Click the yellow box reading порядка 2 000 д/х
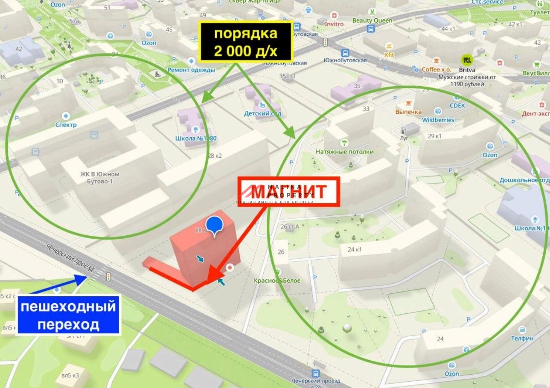[246, 41]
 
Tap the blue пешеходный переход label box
[68, 315]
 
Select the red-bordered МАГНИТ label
[288, 192]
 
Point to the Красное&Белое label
[277, 281]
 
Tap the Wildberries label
[438, 120]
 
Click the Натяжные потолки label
[344, 151]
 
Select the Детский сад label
[262, 113]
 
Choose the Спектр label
[66, 125]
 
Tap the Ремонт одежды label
[191, 69]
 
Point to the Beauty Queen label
[372, 20]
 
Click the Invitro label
[334, 24]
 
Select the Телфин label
[522, 338]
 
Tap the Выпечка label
[408, 112]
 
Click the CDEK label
[457, 105]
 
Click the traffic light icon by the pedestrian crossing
[109, 276]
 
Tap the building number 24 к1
[354, 249]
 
